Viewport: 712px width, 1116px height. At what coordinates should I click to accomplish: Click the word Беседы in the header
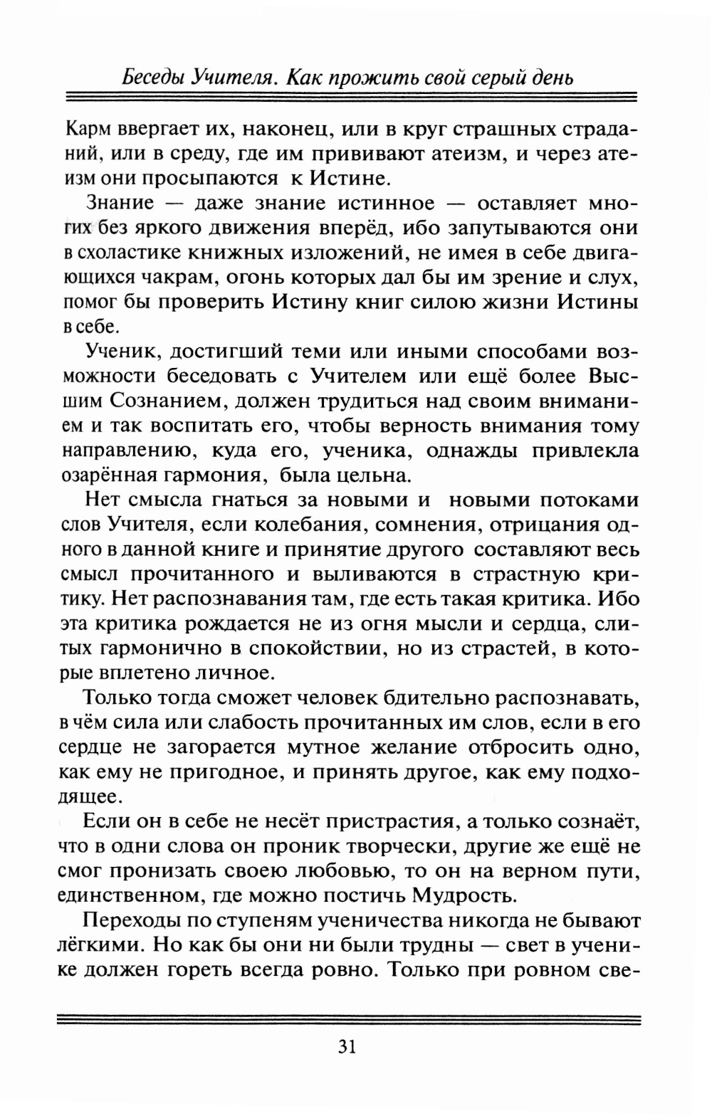(154, 76)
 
